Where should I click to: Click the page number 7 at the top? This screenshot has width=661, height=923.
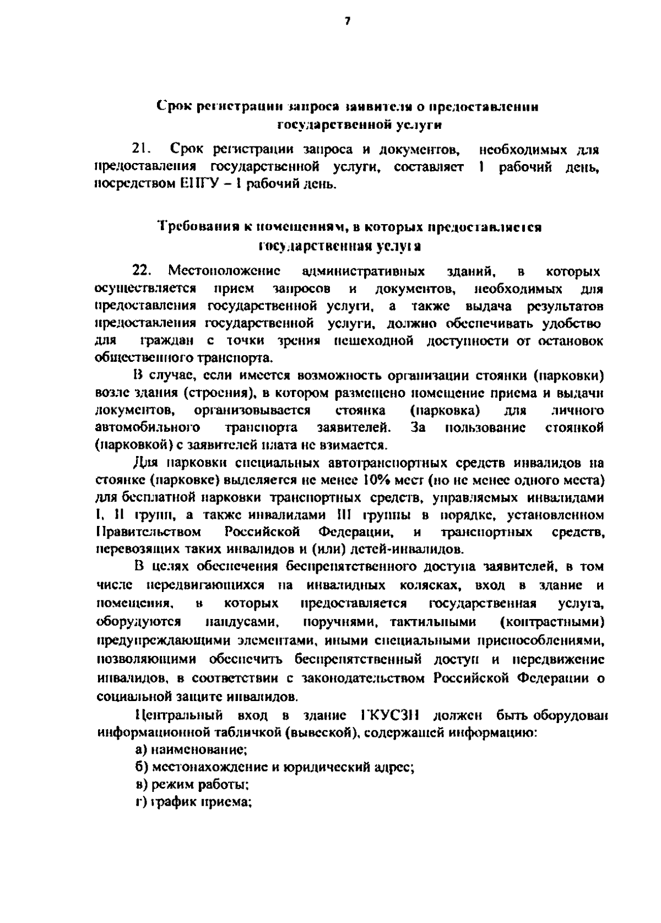point(347,22)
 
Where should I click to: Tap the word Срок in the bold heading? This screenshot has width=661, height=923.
point(173,106)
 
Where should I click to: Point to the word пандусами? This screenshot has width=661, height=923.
point(241,623)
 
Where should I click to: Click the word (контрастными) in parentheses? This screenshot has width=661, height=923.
point(552,623)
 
